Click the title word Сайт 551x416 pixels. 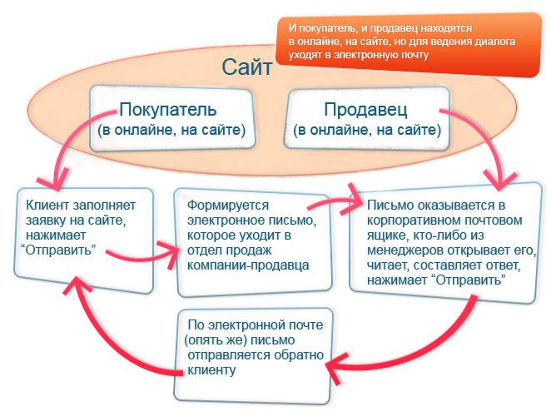(246, 67)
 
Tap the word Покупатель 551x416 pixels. (167, 109)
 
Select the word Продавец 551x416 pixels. (365, 110)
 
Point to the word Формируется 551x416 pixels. (228, 206)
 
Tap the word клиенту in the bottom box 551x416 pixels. (211, 370)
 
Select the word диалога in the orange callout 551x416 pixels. (494, 42)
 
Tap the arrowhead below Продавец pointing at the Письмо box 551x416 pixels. (501, 181)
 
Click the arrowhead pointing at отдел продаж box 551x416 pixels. (171, 254)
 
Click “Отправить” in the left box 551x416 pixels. (58, 250)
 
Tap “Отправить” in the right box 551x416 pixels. (468, 280)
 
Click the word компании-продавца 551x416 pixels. (248, 265)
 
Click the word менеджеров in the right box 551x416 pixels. (405, 250)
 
